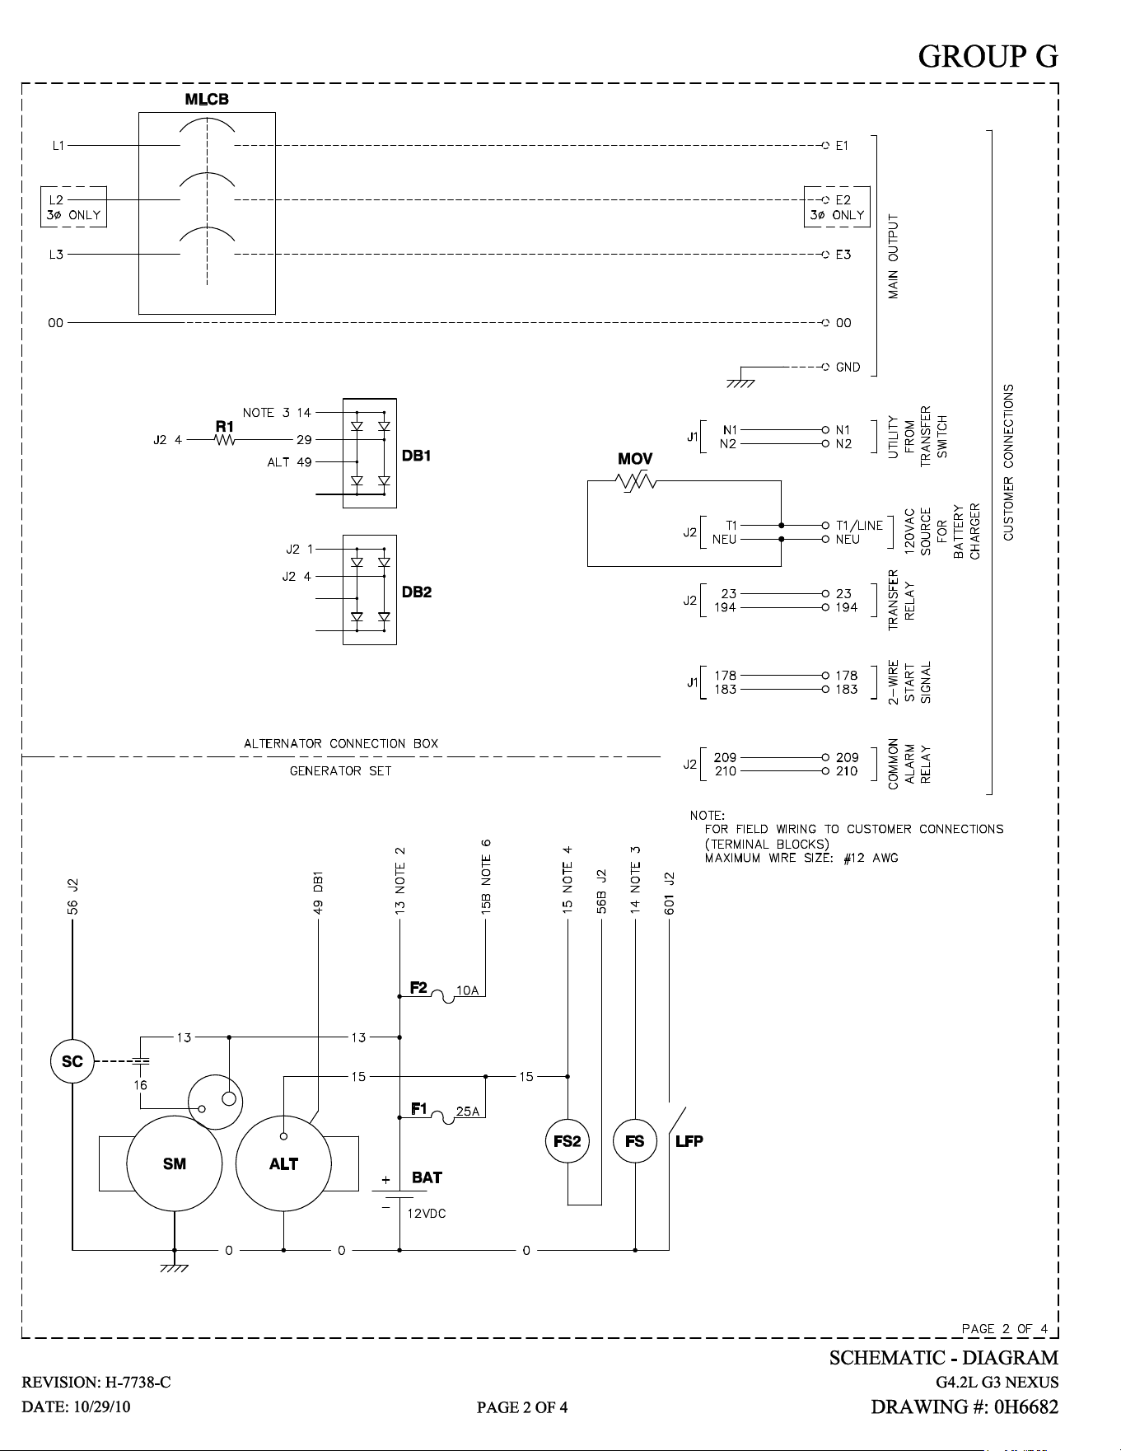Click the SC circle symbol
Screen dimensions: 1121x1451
click(x=72, y=1061)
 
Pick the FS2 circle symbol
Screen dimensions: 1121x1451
click(x=568, y=1141)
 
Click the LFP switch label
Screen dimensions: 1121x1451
click(x=689, y=1141)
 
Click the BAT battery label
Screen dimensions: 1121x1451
click(x=427, y=1177)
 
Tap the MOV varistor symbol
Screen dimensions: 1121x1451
click(x=635, y=481)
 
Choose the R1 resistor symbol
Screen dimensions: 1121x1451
click(x=224, y=440)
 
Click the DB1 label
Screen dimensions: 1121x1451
click(x=417, y=456)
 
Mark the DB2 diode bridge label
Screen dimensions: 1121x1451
click(x=417, y=592)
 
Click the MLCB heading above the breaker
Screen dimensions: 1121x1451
click(x=207, y=99)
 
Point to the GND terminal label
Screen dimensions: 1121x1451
click(x=848, y=367)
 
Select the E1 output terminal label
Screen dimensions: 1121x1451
click(x=843, y=146)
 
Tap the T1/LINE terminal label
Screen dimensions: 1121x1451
click(x=859, y=526)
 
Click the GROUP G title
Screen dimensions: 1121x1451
click(x=988, y=56)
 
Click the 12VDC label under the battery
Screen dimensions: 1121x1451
click(x=427, y=1214)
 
